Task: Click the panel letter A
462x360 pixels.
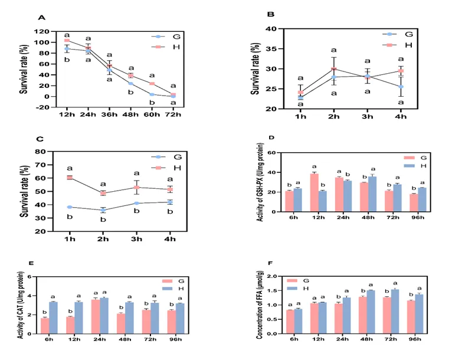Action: pyautogui.click(x=42, y=17)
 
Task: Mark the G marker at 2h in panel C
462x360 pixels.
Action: pyautogui.click(x=103, y=210)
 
